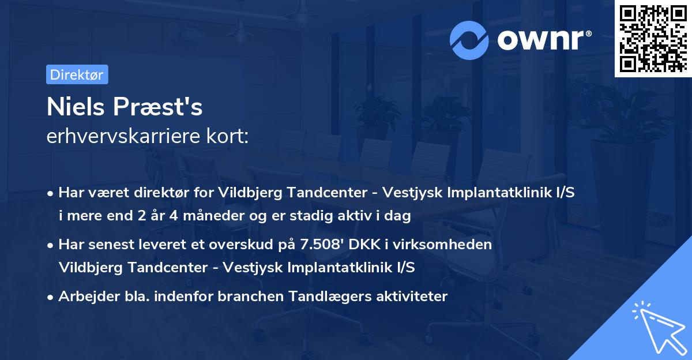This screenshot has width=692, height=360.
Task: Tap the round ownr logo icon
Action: (x=468, y=40)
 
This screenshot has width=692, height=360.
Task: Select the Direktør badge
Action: (x=76, y=74)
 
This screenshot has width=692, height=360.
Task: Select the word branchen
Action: (x=242, y=297)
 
